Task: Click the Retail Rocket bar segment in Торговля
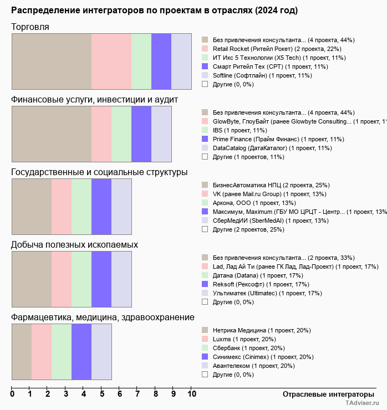point(111,61)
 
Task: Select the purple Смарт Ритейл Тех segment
point(161,61)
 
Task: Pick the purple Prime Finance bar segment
point(141,134)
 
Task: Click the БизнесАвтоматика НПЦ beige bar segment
point(32,206)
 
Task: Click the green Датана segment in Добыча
point(82,279)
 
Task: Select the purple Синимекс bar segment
point(82,351)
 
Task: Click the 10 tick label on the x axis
point(192,394)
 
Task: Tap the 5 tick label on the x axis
point(102,394)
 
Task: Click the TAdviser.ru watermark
point(363,404)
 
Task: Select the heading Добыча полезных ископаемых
point(74,244)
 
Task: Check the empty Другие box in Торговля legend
point(205,84)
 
